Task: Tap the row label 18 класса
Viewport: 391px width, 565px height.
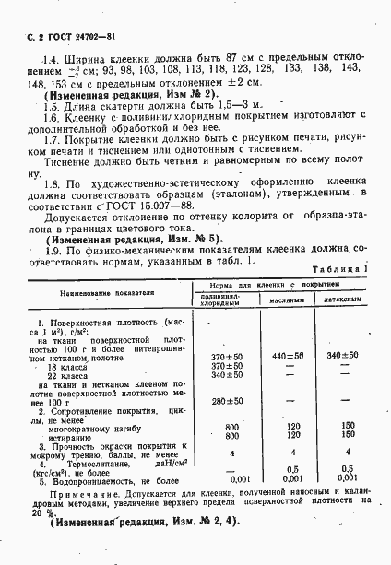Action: click(x=65, y=366)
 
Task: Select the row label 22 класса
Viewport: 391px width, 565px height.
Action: click(x=65, y=376)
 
